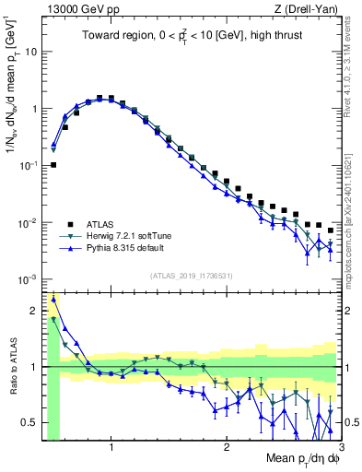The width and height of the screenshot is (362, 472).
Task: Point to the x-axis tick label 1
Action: (x=111, y=448)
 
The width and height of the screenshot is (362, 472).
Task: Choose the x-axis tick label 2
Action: (x=227, y=448)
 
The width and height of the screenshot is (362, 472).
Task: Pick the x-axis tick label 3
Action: (x=340, y=448)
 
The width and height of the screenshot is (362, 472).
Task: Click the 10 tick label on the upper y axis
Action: (x=29, y=52)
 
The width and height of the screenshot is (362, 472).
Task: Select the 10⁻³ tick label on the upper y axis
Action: (x=28, y=279)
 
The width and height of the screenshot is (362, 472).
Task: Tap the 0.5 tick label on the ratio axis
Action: (x=28, y=423)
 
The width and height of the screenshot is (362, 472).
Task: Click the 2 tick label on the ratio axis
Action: (x=32, y=311)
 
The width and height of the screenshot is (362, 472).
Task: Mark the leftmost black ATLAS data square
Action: (x=53, y=165)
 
